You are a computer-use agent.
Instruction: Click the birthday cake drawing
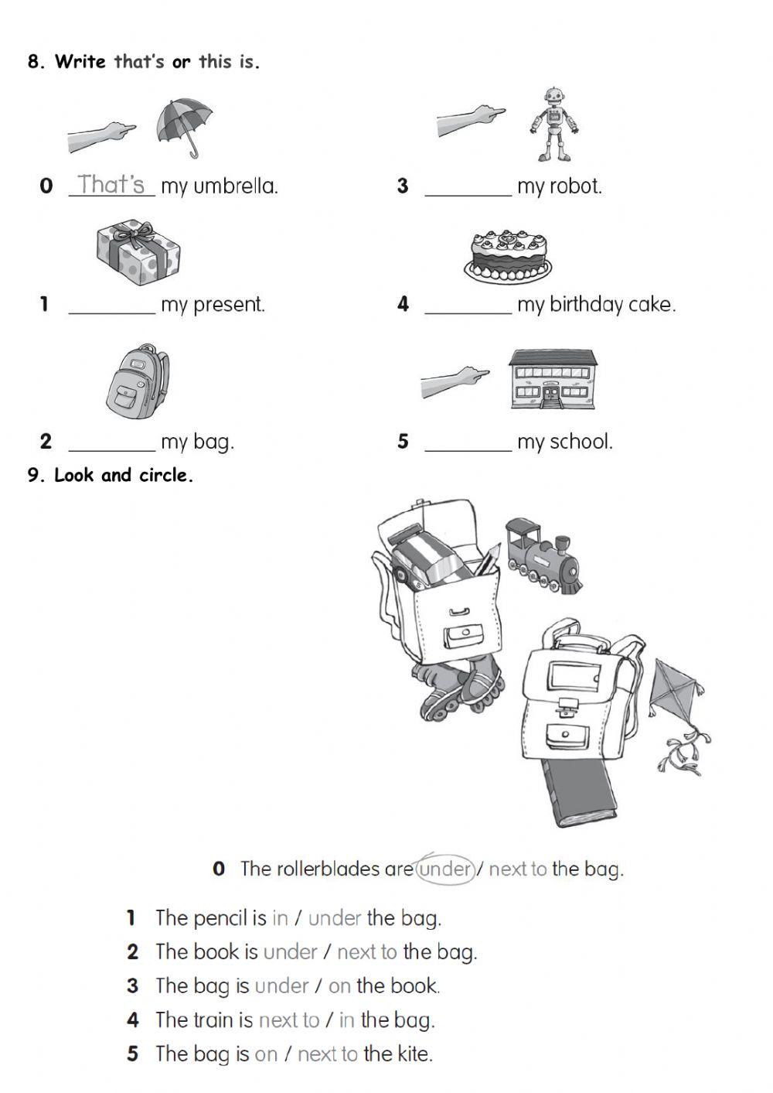(x=508, y=254)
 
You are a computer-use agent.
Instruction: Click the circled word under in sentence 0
(x=445, y=869)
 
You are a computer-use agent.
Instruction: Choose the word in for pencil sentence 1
(x=280, y=918)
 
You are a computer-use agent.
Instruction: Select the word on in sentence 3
(x=339, y=986)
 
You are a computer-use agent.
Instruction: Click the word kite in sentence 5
(x=414, y=1054)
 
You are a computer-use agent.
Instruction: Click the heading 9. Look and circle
(x=111, y=475)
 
